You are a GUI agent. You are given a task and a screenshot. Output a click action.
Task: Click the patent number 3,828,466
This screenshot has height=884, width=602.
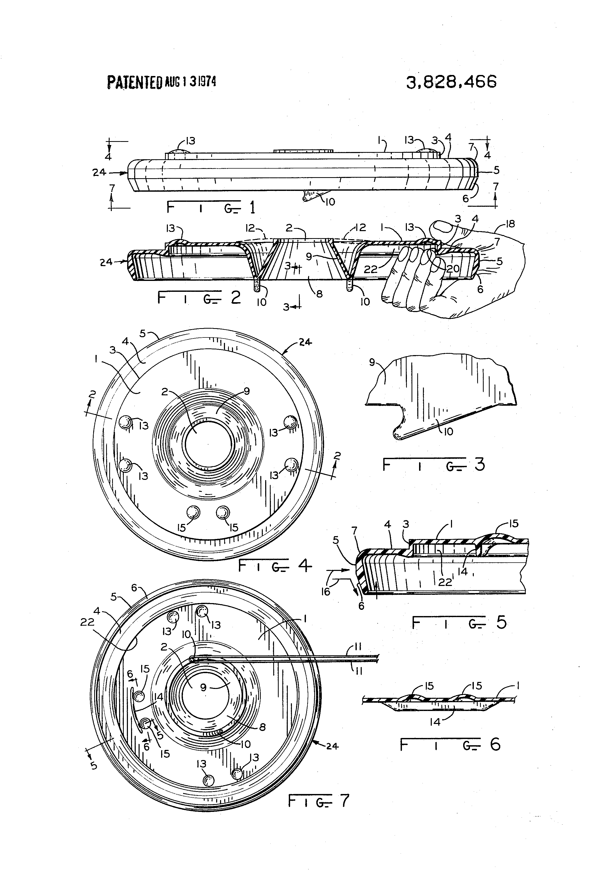point(451,82)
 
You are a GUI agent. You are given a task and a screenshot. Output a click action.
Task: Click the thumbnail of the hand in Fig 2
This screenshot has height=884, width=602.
point(441,227)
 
